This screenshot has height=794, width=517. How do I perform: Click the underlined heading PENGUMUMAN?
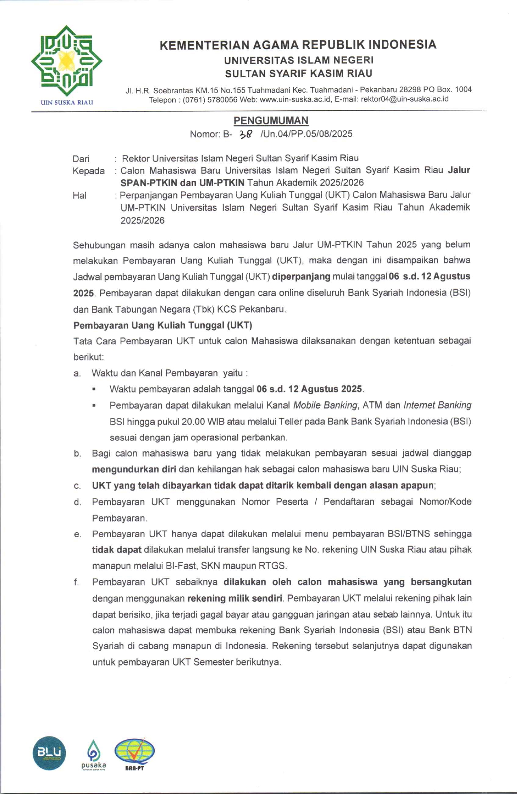271,120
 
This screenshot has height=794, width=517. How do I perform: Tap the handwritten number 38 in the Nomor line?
246,134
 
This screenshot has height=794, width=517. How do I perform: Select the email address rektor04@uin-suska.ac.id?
405,99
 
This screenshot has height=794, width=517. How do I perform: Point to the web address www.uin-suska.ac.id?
295,99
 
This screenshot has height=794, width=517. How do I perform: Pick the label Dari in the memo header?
81,159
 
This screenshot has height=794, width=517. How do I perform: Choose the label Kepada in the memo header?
89,171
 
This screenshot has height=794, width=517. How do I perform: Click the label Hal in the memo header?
79,196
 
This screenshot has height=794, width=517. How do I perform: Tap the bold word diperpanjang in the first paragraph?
301,276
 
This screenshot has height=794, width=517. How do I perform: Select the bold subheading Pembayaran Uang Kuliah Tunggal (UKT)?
162,325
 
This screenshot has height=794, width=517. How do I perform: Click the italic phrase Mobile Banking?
325,405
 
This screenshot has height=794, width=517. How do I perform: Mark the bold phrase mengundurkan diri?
134,469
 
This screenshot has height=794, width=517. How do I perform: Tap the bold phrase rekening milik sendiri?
235,598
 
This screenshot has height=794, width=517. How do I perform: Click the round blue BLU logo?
49,753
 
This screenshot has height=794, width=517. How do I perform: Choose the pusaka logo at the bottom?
93,755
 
